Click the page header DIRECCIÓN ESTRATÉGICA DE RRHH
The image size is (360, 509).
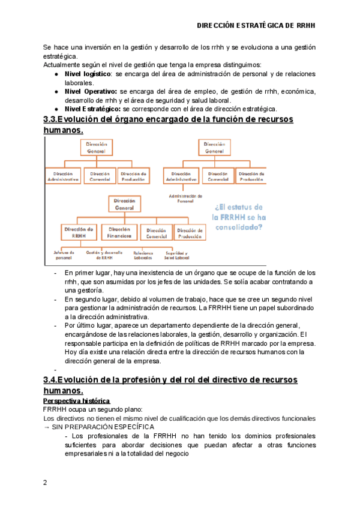[x=256, y=26]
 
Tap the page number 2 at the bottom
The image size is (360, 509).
[x=46, y=482]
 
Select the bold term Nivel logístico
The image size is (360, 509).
[x=88, y=73]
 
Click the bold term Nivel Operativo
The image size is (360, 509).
[x=90, y=91]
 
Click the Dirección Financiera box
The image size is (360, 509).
[x=120, y=233]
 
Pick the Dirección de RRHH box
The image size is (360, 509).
[x=79, y=233]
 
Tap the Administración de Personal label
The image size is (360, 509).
[x=185, y=199]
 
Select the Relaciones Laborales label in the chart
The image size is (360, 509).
[x=143, y=256]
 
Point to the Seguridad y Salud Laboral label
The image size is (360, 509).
[x=176, y=255]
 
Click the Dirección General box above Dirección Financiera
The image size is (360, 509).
[x=124, y=204]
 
